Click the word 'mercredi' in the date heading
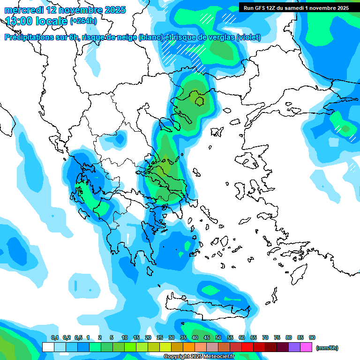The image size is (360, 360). coord(24,10)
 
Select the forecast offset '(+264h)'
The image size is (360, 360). coord(85,21)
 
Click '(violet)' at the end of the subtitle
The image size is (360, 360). coord(248,37)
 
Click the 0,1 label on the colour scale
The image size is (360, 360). coord(55,337)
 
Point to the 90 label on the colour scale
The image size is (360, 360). coord(312,337)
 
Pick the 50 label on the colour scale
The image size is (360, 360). coord(218,337)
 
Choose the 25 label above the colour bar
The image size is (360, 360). coord(160,337)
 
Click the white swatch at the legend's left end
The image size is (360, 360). coord(48,347)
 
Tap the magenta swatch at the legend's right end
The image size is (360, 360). coord(306,347)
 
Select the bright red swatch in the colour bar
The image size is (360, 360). coord(247,347)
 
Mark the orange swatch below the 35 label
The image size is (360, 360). coord(189,347)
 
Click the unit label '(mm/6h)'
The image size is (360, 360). coord(327,348)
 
